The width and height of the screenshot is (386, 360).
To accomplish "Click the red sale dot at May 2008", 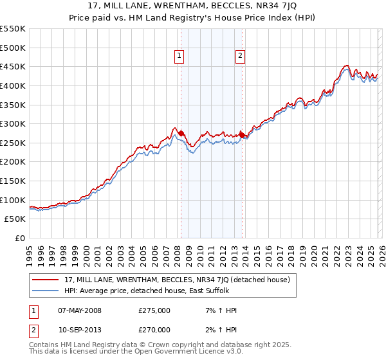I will click(181, 133).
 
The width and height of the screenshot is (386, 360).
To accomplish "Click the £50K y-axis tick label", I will click(15, 219).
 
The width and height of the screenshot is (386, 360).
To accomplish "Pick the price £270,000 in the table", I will click(154, 330).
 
